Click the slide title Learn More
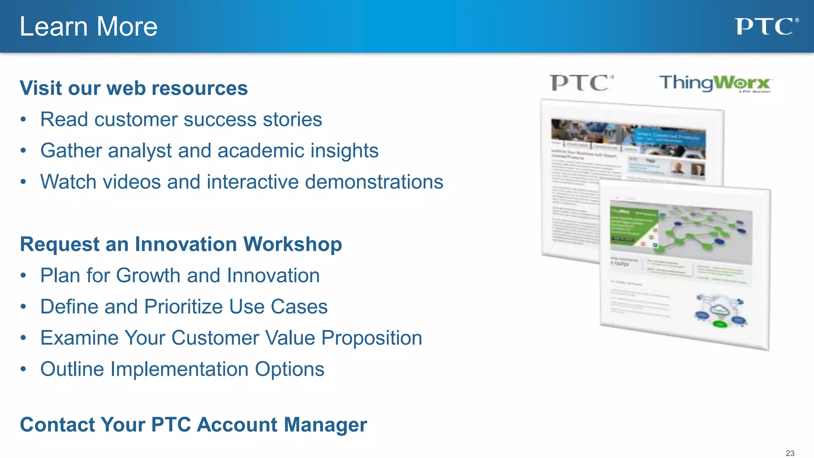coord(88,27)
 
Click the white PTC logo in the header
coord(766,27)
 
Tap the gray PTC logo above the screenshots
coord(581,83)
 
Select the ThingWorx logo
coord(715,83)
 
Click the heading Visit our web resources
coord(134,88)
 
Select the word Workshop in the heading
coord(293,244)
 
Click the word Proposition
coord(371,338)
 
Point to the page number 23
coord(790,453)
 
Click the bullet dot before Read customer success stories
coord(23,120)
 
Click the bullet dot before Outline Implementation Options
coord(23,369)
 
